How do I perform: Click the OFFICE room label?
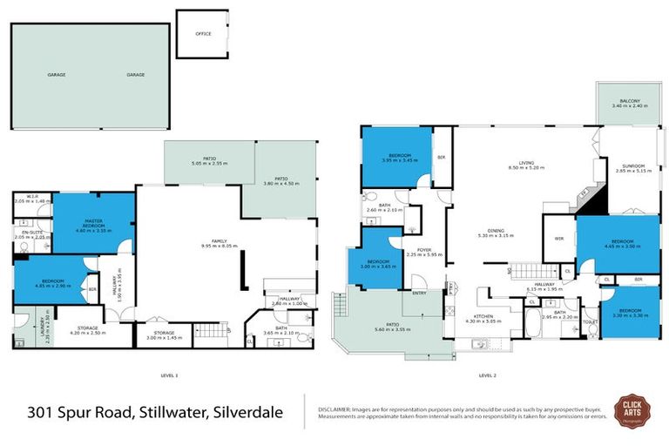[202, 34]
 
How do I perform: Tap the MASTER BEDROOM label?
[94, 222]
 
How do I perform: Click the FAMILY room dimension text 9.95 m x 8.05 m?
[189, 247]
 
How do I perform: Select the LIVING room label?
[525, 163]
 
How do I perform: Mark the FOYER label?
[424, 252]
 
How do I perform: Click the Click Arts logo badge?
[632, 409]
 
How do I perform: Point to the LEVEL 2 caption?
[487, 375]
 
